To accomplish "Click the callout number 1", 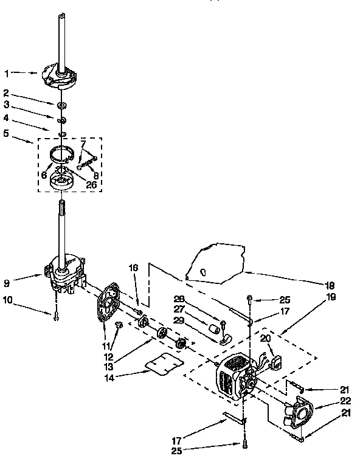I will (x=6, y=73).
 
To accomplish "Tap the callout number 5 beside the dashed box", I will (x=6, y=133).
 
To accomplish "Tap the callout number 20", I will (x=266, y=339).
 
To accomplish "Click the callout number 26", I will (x=91, y=185).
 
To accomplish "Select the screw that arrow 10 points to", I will (x=56, y=316).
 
